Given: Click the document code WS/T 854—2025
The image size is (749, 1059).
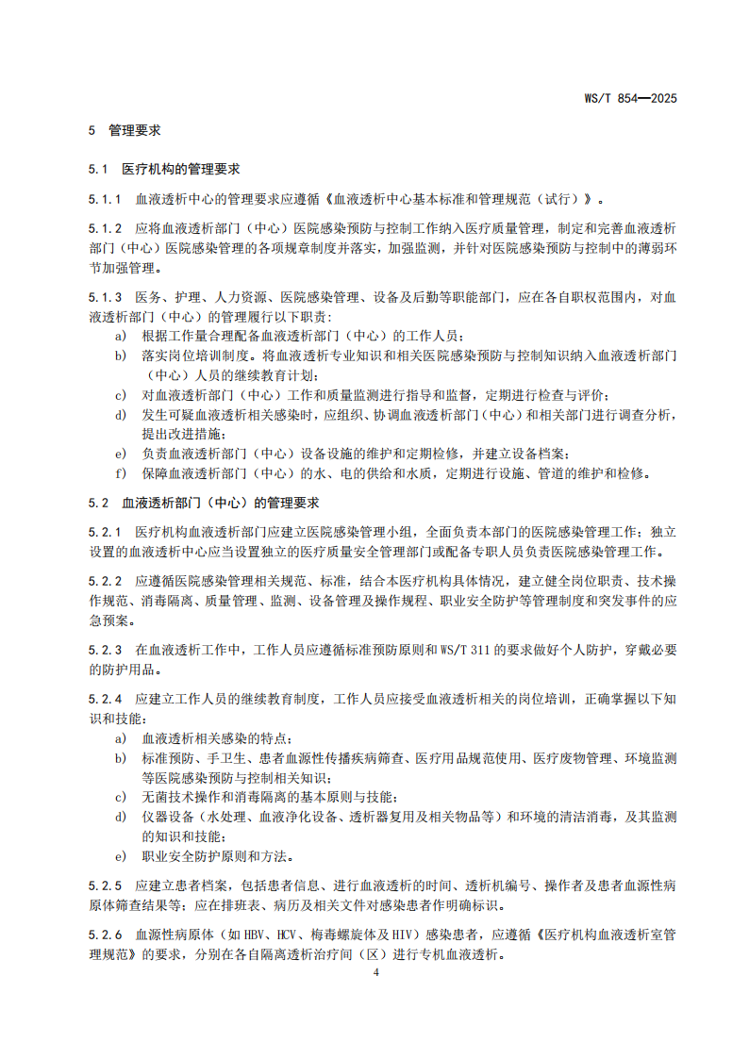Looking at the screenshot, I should point(631,98).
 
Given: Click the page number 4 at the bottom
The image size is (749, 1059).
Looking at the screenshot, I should point(375,971).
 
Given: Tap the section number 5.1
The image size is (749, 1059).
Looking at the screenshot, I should point(99,170).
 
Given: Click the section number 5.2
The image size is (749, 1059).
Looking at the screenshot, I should point(99,503).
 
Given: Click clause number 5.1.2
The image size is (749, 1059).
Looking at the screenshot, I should point(105,229).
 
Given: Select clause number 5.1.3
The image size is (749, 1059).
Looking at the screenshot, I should point(105,297).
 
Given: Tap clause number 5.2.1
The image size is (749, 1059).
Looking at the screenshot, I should point(105,532).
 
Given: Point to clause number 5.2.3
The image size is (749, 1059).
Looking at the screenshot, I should point(105,650).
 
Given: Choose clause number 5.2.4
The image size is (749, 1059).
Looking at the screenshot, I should point(105,699).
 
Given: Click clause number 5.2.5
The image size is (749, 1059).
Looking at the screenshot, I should point(105,885).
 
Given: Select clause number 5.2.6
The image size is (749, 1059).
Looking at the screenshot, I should point(105,935).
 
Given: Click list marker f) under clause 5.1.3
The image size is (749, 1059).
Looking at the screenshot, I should point(120,472).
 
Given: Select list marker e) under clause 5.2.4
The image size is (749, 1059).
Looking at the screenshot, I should point(120,856).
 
